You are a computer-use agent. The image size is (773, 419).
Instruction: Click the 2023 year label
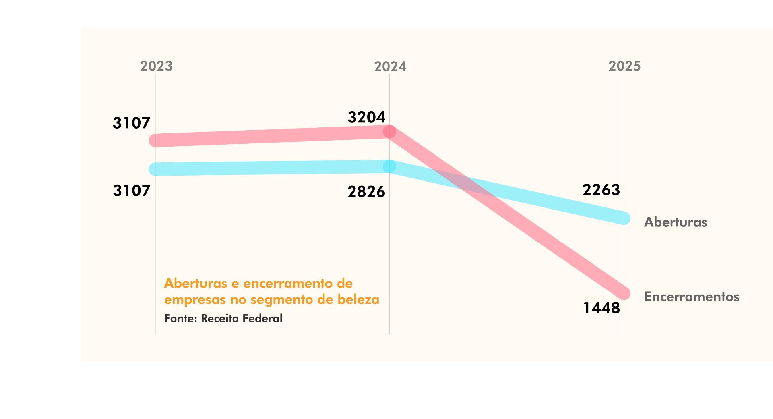pyautogui.click(x=156, y=66)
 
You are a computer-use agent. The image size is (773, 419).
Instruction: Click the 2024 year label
pyautogui.click(x=390, y=66)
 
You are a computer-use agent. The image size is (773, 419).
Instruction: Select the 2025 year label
pyautogui.click(x=624, y=66)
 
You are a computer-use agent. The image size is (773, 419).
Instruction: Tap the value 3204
pyautogui.click(x=366, y=117)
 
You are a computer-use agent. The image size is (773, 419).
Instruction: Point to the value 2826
pyautogui.click(x=366, y=192)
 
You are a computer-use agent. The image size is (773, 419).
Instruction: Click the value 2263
pyautogui.click(x=601, y=190)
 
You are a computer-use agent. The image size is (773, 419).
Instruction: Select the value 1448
pyautogui.click(x=601, y=308)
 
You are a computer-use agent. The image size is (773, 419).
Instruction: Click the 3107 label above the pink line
pyautogui.click(x=131, y=123)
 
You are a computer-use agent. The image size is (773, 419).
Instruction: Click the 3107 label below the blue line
pyautogui.click(x=131, y=191)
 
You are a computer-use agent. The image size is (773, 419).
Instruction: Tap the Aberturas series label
pyautogui.click(x=676, y=222)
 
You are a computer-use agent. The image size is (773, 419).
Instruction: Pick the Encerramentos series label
pyautogui.click(x=692, y=297)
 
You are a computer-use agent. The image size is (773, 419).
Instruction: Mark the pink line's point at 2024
pyautogui.click(x=389, y=132)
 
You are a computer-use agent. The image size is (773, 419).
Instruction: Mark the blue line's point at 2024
pyautogui.click(x=389, y=166)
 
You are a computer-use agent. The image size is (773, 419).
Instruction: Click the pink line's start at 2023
pyautogui.click(x=155, y=140)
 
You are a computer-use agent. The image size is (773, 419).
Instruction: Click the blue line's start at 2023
pyautogui.click(x=155, y=169)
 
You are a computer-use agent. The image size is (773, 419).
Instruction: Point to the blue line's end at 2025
pyautogui.click(x=624, y=218)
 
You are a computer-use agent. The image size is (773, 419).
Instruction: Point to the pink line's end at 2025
pyautogui.click(x=624, y=293)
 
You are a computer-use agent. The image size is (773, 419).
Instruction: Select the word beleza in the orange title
pyautogui.click(x=358, y=300)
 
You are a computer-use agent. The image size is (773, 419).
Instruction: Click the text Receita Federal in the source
pyautogui.click(x=242, y=319)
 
